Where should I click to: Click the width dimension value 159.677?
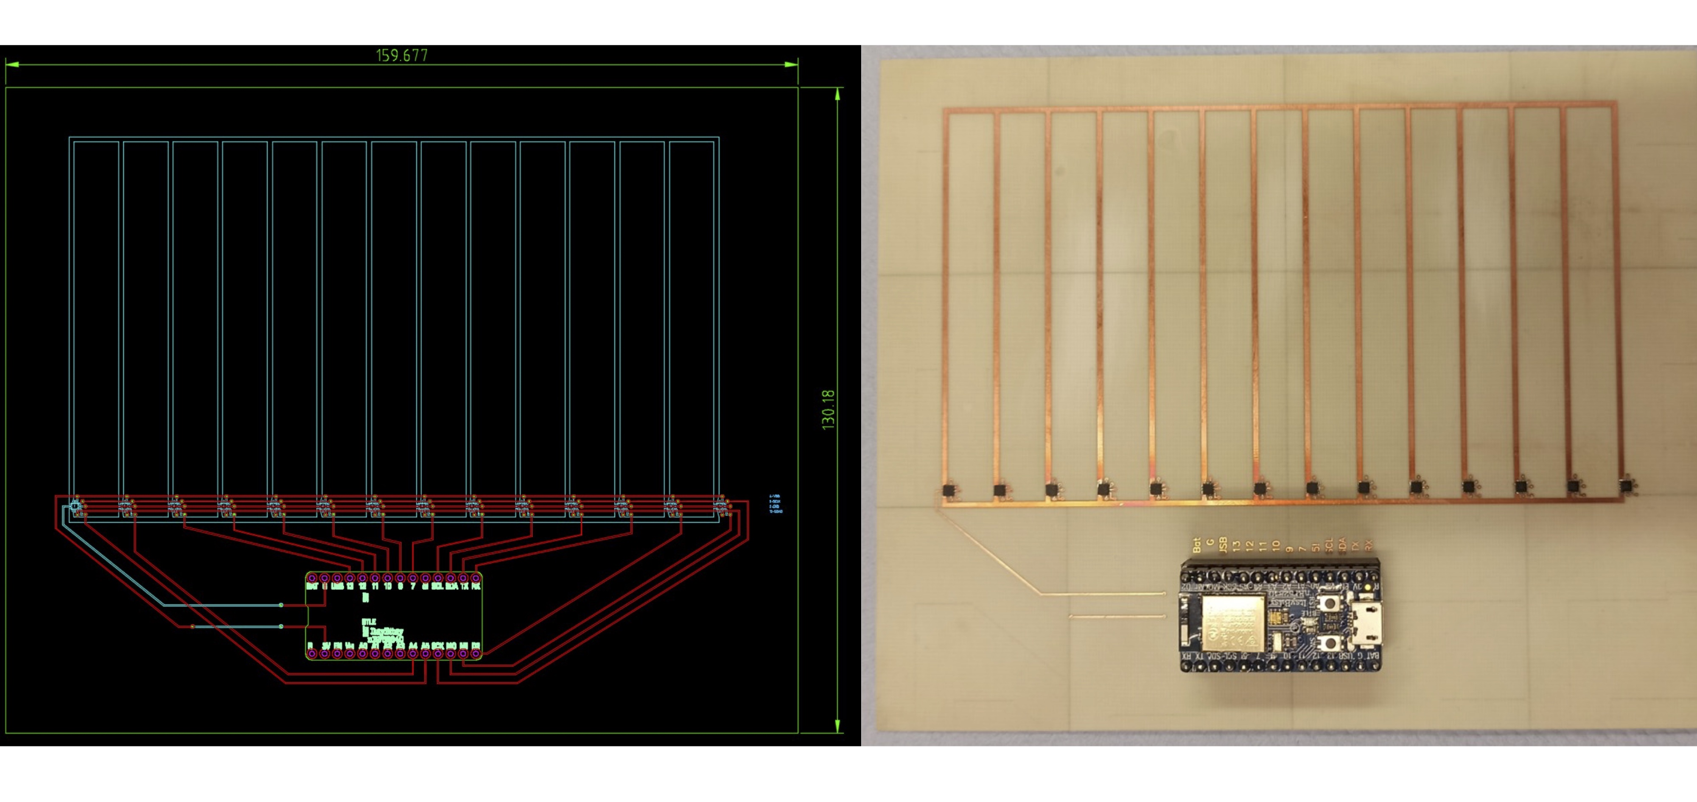coord(402,55)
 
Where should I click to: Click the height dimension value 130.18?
coord(828,410)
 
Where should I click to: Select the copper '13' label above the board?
coord(1237,545)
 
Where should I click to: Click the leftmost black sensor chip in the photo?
coord(949,491)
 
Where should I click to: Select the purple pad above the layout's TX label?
coord(463,578)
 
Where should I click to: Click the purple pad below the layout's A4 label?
coord(413,654)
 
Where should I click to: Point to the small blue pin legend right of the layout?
coord(776,504)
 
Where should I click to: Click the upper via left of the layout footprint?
coord(281,604)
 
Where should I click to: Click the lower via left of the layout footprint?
coord(281,626)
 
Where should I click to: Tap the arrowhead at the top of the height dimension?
coord(837,93)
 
